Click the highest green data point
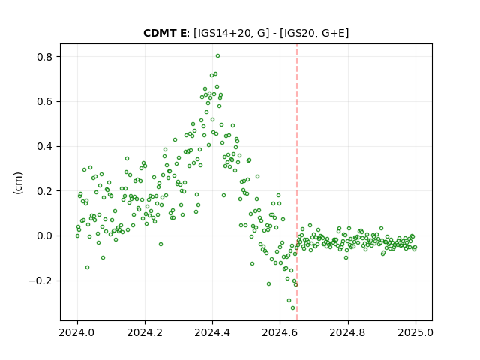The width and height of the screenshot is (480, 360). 217,56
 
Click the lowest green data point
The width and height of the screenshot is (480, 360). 292,308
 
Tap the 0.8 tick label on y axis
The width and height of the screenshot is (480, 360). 44,57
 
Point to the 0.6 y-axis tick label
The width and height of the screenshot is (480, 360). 44,102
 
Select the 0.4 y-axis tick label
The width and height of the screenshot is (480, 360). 44,146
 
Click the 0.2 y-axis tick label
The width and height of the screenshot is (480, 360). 44,191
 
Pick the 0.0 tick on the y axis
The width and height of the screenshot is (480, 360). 44,235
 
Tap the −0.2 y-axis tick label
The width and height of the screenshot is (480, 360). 40,280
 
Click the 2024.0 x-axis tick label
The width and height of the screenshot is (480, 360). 77,332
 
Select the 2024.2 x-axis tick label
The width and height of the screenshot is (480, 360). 145,332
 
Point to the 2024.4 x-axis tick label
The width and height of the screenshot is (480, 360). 212,332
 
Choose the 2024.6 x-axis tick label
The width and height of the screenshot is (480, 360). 280,332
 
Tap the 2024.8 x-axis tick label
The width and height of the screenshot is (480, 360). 347,332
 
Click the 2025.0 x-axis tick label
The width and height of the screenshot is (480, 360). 415,332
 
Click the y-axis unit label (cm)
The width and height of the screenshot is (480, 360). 18,183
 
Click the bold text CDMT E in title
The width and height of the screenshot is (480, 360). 165,33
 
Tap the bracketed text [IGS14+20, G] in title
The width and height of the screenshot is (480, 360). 232,33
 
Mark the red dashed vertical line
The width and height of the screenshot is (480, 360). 297,182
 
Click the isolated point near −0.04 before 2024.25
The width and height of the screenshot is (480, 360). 160,244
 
